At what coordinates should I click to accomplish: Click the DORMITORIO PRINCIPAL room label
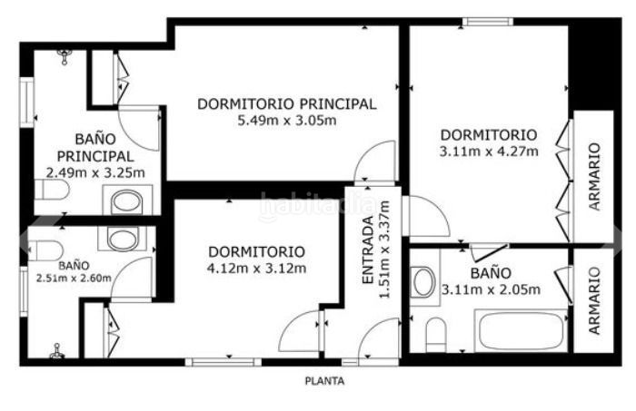pyautogui.click(x=287, y=104)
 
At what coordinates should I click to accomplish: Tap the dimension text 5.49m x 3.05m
pyautogui.click(x=287, y=121)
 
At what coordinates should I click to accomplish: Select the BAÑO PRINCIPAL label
pyautogui.click(x=95, y=147)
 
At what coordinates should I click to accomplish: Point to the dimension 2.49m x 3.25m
pyautogui.click(x=95, y=173)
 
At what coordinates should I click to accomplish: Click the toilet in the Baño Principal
pyautogui.click(x=52, y=190)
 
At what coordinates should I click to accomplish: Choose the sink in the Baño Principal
pyautogui.click(x=127, y=201)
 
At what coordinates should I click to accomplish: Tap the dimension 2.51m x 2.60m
pyautogui.click(x=74, y=279)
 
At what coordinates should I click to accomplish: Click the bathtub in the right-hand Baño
pyautogui.click(x=521, y=331)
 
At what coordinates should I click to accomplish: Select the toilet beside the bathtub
pyautogui.click(x=436, y=335)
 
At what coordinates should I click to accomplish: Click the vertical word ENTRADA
pyautogui.click(x=367, y=250)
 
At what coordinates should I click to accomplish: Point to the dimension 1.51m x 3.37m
pyautogui.click(x=384, y=250)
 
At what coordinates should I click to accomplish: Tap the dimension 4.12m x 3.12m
pyautogui.click(x=256, y=269)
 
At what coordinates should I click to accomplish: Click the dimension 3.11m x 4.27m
pyautogui.click(x=489, y=152)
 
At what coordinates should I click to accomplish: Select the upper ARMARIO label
pyautogui.click(x=594, y=176)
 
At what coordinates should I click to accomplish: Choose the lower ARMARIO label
pyautogui.click(x=594, y=300)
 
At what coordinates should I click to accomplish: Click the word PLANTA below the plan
pyautogui.click(x=324, y=381)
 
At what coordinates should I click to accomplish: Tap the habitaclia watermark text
pyautogui.click(x=318, y=204)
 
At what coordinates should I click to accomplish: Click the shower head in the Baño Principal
pyautogui.click(x=65, y=56)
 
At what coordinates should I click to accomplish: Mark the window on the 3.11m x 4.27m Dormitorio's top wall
pyautogui.click(x=488, y=22)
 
